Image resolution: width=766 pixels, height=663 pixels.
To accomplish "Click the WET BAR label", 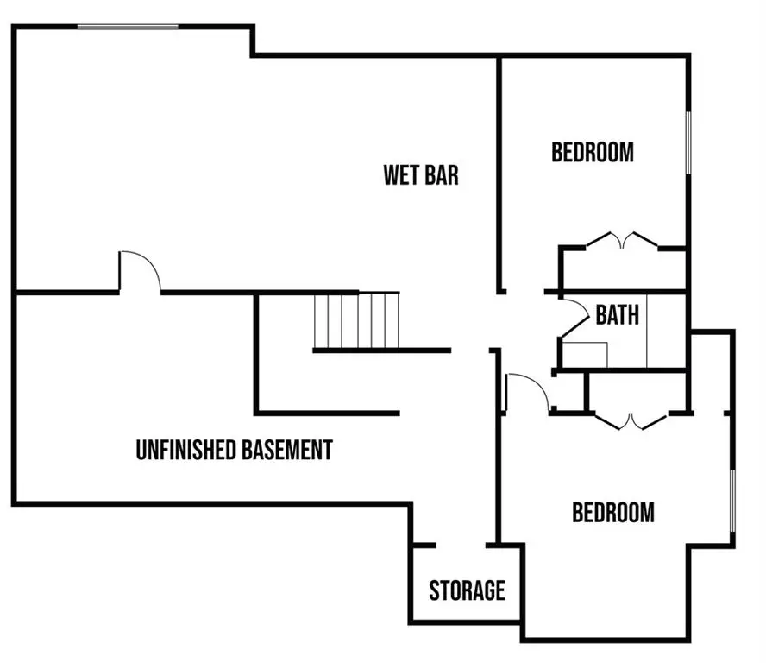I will click(x=421, y=175).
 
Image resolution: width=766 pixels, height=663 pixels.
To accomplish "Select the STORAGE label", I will click(x=467, y=591).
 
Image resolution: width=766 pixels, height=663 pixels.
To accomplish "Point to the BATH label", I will click(x=618, y=315).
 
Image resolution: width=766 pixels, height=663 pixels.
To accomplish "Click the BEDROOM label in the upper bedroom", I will click(x=593, y=153).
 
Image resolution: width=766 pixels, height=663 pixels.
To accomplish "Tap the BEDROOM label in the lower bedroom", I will click(x=613, y=513).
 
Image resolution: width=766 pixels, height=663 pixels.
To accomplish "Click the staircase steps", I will click(x=357, y=319).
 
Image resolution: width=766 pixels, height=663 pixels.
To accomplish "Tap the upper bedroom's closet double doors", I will click(x=622, y=239).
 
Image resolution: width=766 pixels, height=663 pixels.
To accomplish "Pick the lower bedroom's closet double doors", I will click(x=631, y=421).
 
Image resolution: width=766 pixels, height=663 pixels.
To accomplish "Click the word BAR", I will click(x=442, y=175).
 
